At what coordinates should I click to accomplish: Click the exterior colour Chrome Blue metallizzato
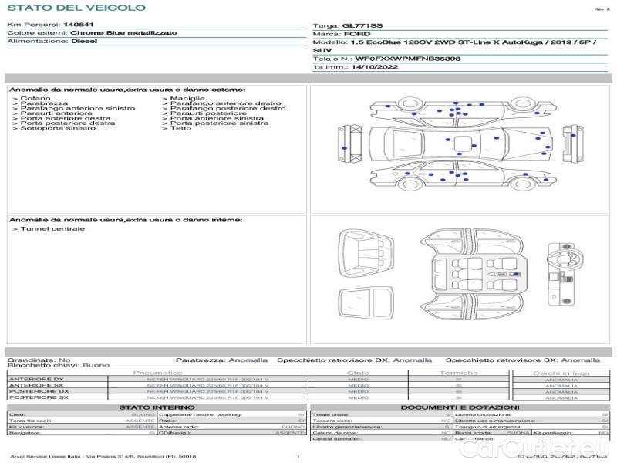click(123, 33)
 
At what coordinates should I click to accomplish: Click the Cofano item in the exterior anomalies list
click(35, 99)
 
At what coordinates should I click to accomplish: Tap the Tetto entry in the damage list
click(180, 128)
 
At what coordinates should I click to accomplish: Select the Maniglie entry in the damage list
click(187, 99)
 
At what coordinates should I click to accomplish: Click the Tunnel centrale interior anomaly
click(52, 229)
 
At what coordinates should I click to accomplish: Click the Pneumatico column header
click(179, 373)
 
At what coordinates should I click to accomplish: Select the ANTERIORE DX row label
click(35, 379)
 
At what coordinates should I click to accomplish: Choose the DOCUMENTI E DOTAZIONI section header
click(460, 407)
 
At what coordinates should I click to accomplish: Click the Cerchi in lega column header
click(561, 373)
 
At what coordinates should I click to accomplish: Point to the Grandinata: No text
click(39, 360)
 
